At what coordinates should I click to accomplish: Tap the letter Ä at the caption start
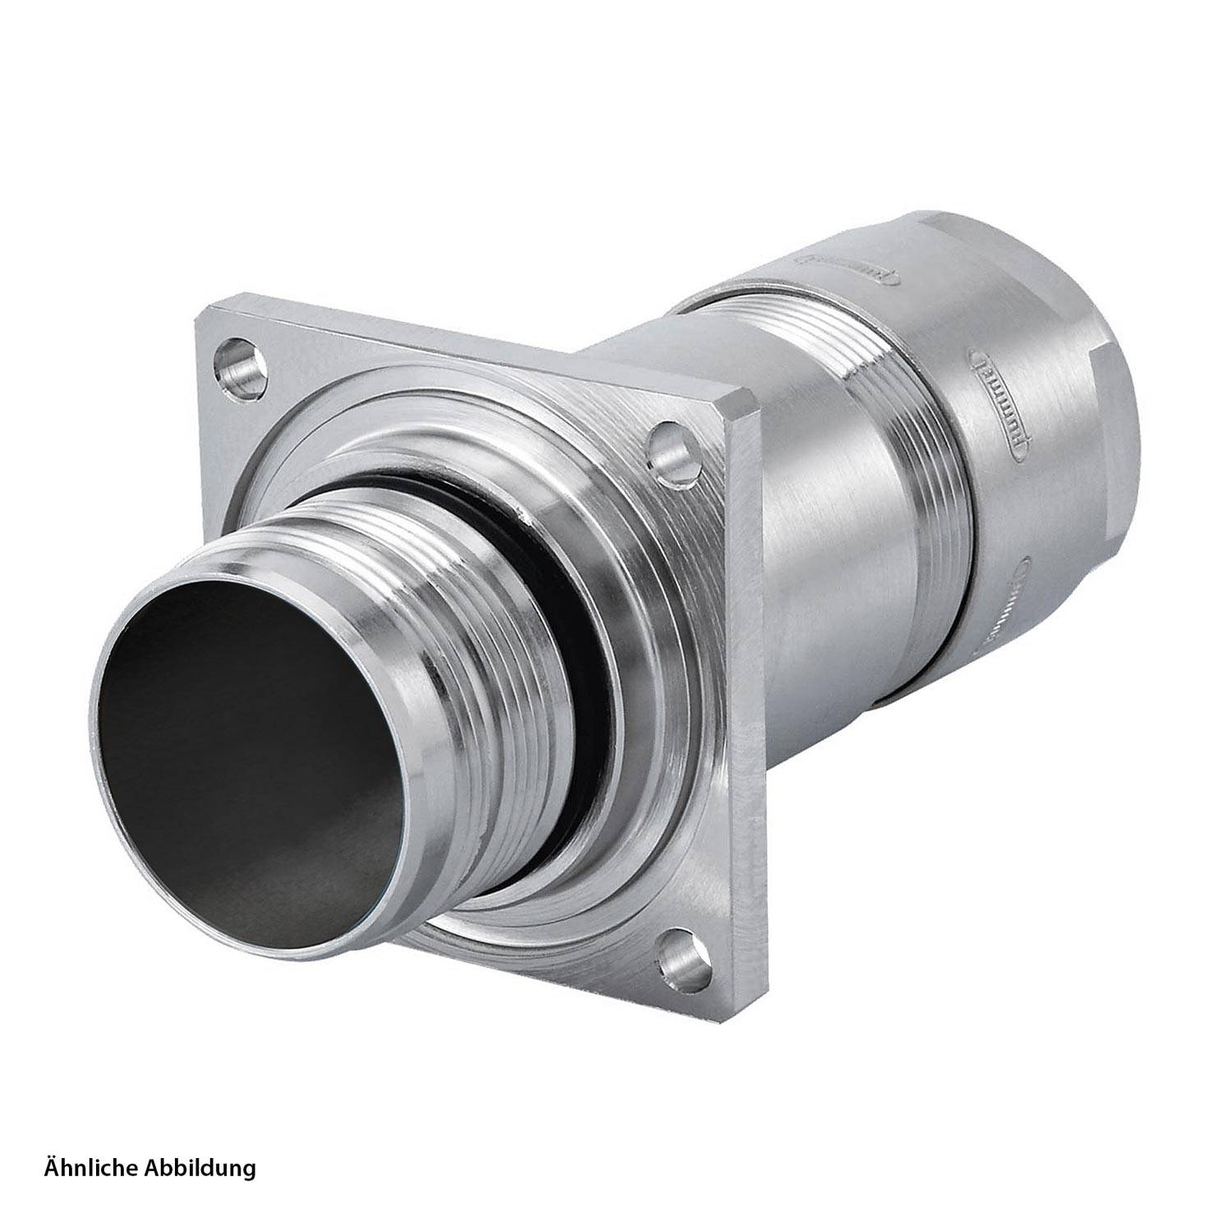coord(51,1167)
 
